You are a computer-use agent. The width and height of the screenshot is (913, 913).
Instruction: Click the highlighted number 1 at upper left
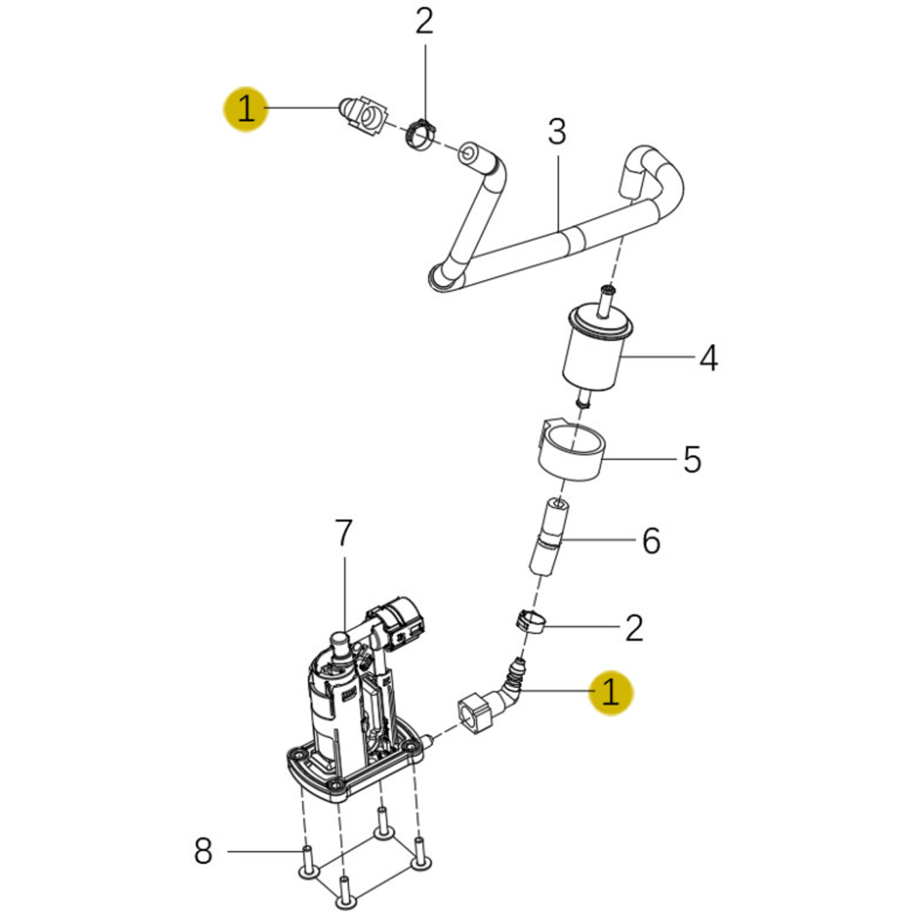click(245, 109)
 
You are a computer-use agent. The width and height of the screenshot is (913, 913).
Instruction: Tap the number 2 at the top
click(424, 23)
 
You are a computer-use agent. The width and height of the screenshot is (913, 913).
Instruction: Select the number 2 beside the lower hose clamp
click(634, 627)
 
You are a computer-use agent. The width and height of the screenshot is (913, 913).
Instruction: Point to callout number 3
click(557, 133)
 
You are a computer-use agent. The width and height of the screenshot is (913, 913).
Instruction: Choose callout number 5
click(692, 459)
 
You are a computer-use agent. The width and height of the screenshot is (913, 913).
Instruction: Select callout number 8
click(203, 851)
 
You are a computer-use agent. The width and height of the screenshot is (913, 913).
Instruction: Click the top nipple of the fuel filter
click(607, 301)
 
